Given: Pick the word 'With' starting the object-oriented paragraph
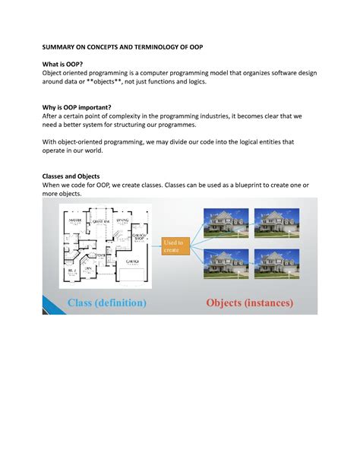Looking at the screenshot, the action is (50, 141).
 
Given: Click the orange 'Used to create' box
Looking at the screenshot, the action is (173, 246).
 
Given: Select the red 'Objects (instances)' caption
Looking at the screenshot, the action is (249, 303).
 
